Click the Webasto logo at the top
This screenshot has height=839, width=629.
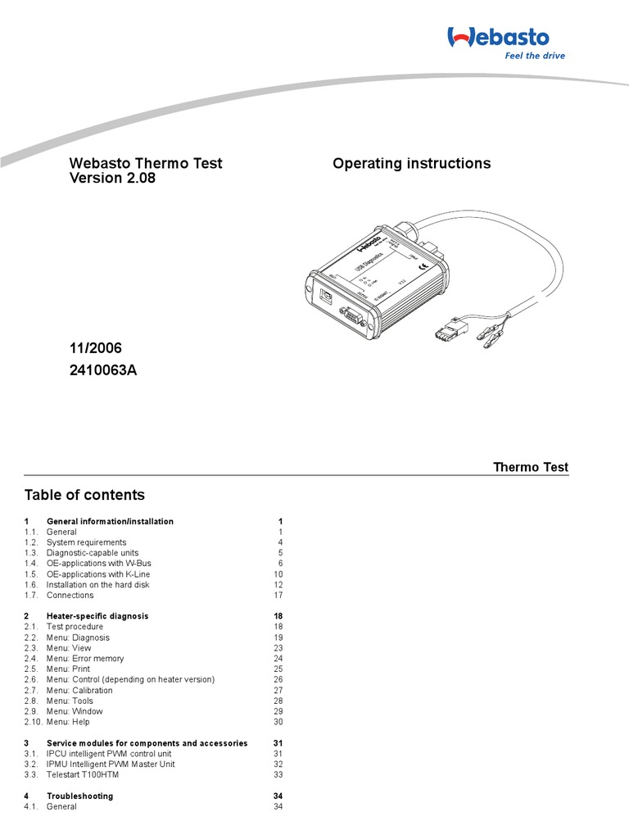pyautogui.click(x=497, y=36)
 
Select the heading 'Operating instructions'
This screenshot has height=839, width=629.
pyautogui.click(x=411, y=163)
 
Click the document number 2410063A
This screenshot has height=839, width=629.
pyautogui.click(x=103, y=370)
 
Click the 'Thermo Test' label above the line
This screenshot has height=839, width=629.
pyautogui.click(x=530, y=467)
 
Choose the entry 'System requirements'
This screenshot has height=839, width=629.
pyautogui.click(x=86, y=542)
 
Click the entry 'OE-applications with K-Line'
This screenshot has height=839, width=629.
pyautogui.click(x=98, y=574)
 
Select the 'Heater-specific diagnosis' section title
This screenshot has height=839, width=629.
pyautogui.click(x=97, y=616)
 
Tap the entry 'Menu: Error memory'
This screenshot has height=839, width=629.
pyautogui.click(x=85, y=659)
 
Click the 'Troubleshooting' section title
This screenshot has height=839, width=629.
pyautogui.click(x=79, y=796)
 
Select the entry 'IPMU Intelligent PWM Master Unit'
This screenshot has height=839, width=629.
pyautogui.click(x=111, y=764)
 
